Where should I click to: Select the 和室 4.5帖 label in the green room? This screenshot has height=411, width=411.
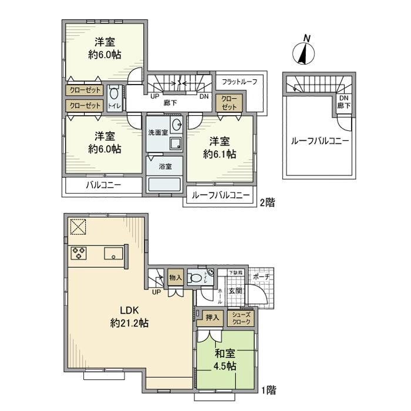(225, 359)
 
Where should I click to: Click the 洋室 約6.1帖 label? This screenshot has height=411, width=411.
(220, 149)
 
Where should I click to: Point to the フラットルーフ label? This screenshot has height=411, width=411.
(239, 82)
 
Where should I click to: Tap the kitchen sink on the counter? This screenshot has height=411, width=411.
(113, 254)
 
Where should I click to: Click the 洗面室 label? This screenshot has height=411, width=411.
(157, 132)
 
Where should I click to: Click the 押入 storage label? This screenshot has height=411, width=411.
(213, 318)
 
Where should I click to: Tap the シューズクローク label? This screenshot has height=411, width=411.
(241, 318)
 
